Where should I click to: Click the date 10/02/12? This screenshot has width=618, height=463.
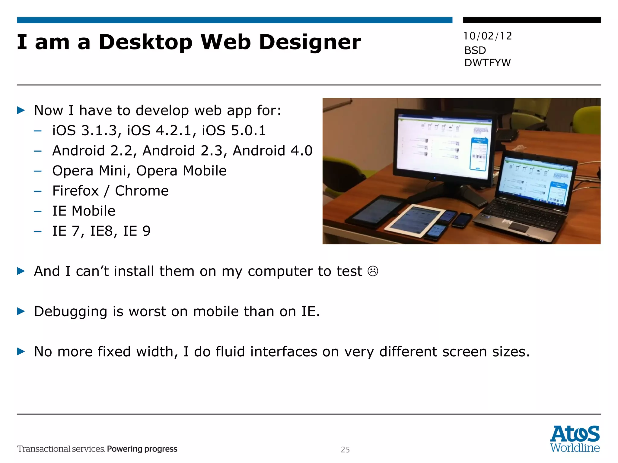click(x=487, y=36)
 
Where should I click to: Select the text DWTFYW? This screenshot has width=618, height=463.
click(x=487, y=63)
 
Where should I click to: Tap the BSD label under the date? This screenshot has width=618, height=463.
click(x=475, y=50)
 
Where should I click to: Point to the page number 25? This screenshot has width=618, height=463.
click(x=345, y=449)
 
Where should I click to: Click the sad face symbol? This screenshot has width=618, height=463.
click(x=373, y=271)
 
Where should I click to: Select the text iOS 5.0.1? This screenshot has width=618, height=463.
click(x=234, y=131)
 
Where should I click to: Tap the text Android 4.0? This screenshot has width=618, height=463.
click(x=272, y=151)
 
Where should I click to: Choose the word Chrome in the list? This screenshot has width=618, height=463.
click(x=142, y=191)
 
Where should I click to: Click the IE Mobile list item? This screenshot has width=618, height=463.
click(x=84, y=211)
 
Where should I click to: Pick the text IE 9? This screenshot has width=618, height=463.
click(x=136, y=231)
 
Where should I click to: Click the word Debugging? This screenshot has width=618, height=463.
click(x=71, y=311)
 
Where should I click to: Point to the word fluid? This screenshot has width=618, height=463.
click(x=230, y=351)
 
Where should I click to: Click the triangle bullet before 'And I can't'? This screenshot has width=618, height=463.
click(x=21, y=271)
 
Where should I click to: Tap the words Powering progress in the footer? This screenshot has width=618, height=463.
click(x=142, y=449)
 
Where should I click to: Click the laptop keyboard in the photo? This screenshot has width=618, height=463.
click(x=522, y=211)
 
